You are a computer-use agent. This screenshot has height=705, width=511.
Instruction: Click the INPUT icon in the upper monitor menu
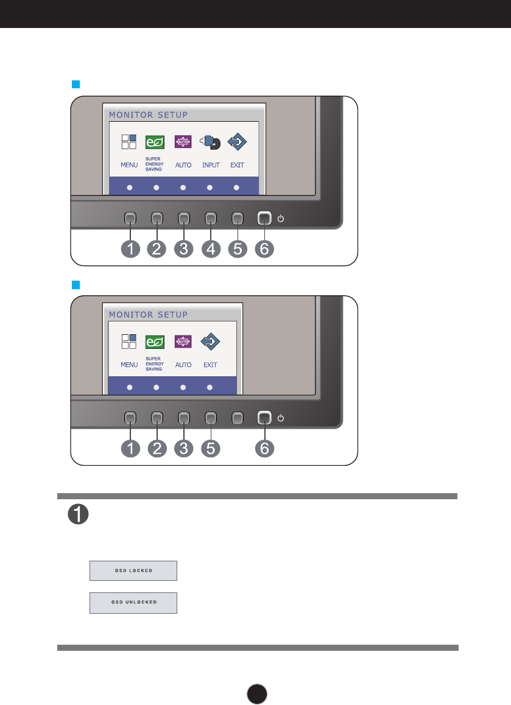coord(210,142)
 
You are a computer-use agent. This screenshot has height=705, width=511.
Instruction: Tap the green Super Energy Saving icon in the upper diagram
coord(155,142)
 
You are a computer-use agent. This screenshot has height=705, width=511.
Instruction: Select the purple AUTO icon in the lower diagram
coord(183,342)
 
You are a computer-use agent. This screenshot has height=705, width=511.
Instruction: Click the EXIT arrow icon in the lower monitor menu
coord(210,342)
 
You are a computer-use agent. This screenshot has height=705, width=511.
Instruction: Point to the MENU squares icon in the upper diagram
coord(129,142)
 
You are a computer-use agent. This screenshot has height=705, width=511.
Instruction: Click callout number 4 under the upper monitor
coord(211,248)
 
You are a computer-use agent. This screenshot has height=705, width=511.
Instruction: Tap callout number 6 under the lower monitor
coord(264,448)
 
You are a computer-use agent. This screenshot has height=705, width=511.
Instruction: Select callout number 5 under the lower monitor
coord(211,448)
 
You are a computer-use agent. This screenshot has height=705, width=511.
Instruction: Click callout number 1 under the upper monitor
coord(130,248)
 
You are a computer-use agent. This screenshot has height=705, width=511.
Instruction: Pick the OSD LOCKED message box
coord(133,570)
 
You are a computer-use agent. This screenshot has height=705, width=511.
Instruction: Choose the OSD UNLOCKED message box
coord(133,603)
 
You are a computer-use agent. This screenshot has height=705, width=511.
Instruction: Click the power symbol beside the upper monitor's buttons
coord(281,219)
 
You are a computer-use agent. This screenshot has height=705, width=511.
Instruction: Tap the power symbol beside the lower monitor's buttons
coord(281,418)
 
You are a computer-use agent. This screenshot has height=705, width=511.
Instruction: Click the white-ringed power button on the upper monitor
coord(264,219)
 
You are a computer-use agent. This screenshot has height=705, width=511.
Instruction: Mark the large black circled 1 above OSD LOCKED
coord(79,514)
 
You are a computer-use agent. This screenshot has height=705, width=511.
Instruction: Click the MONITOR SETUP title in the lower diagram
coord(148,315)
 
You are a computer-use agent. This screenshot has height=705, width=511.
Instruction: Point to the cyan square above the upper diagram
coord(76,85)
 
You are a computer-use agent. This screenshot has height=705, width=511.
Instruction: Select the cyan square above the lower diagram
coord(76,285)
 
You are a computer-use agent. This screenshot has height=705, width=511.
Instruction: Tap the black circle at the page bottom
coord(257,694)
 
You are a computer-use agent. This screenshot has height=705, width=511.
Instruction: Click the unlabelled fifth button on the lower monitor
coord(238,418)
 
